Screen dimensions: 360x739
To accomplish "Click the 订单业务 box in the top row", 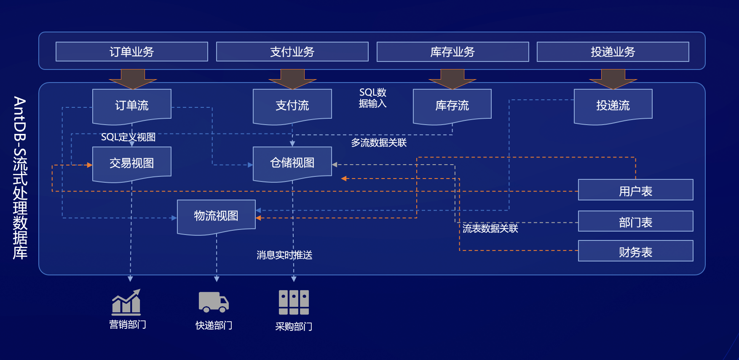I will click(x=131, y=52).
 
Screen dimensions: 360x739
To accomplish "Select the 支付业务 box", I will click(x=292, y=52).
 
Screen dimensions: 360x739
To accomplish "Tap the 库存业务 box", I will click(x=453, y=52).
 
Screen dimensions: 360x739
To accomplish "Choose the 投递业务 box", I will click(x=613, y=52).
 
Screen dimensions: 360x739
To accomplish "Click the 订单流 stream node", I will click(x=131, y=105).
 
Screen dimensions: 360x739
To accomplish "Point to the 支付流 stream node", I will click(x=292, y=105).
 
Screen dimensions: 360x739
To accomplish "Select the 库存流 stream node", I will click(x=452, y=105).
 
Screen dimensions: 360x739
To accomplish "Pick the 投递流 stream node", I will click(x=613, y=105).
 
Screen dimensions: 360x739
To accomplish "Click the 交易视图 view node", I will click(x=131, y=163).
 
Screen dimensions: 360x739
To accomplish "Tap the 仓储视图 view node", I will click(x=292, y=163).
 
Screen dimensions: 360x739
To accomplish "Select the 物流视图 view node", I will click(x=216, y=216).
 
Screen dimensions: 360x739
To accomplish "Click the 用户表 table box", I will click(x=635, y=190).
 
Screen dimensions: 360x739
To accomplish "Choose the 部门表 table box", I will click(x=635, y=221).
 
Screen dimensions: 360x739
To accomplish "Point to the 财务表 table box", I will click(x=635, y=251).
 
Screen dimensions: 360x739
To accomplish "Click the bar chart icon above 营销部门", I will click(x=126, y=302).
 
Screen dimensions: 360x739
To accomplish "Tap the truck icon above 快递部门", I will click(x=214, y=302).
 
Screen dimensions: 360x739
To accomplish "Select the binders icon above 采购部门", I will click(x=294, y=302).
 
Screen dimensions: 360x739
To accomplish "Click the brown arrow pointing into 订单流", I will click(x=133, y=79).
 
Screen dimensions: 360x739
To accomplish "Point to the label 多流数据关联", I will click(x=379, y=143).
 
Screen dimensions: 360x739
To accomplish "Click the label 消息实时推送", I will click(x=284, y=255).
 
